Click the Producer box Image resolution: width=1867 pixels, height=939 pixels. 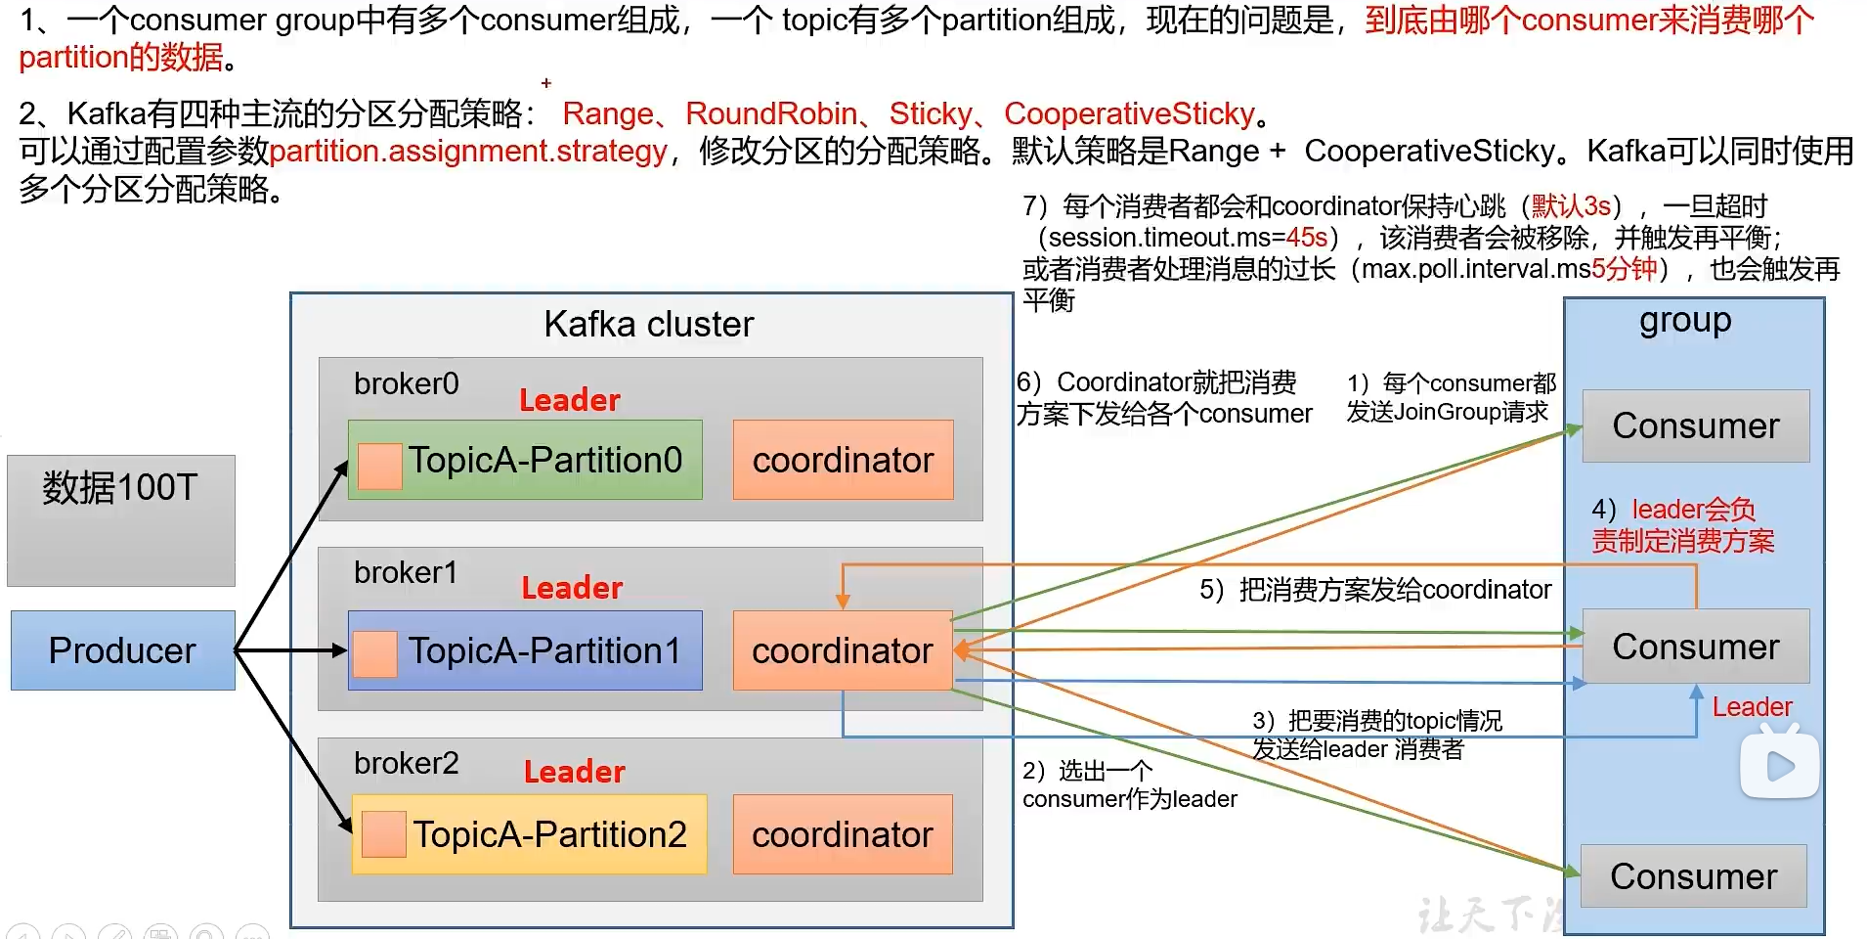(122, 650)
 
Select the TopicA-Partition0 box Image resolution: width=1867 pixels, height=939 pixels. (526, 460)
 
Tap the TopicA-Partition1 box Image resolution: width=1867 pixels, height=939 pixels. (526, 650)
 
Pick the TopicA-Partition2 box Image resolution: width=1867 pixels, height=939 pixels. (529, 834)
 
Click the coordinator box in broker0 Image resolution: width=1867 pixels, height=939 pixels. (843, 460)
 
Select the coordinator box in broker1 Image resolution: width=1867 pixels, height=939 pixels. (843, 650)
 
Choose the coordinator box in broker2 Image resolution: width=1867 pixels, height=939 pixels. (843, 834)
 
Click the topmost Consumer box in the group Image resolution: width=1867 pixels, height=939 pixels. (1695, 425)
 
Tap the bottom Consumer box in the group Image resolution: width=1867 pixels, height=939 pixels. (1693, 876)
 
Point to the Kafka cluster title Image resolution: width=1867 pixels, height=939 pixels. (649, 324)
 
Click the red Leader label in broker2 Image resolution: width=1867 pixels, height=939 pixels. (574, 772)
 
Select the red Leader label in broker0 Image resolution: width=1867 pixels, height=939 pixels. (569, 400)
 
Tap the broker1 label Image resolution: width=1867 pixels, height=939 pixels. (406, 572)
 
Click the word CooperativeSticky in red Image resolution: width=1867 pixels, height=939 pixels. (1129, 114)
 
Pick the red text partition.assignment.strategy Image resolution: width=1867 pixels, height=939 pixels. (468, 152)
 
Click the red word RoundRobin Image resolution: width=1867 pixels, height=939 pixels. (771, 114)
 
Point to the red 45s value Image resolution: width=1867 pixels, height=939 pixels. (1307, 238)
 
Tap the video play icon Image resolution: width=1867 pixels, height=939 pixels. (1779, 766)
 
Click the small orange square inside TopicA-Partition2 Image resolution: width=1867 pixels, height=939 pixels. (383, 834)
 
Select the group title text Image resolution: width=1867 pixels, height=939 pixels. (1685, 321)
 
